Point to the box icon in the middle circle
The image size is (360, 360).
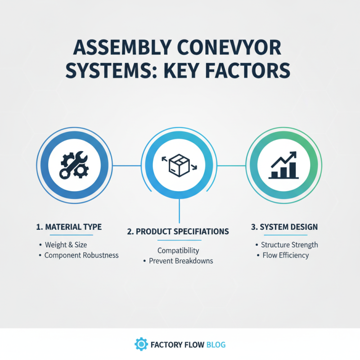[180, 165]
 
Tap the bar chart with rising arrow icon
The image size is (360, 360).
[283, 165]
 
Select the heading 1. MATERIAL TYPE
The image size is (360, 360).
[68, 227]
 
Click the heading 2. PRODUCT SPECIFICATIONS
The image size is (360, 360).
[178, 231]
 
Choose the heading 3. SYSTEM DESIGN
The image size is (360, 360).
[284, 227]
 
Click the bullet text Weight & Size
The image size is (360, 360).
[66, 245]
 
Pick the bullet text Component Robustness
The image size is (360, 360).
[81, 255]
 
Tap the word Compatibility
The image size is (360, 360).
[178, 251]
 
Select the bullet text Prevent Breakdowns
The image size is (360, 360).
[181, 261]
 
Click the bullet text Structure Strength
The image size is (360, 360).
[289, 245]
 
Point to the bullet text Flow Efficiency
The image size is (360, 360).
[286, 255]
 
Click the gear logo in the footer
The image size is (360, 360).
[141, 345]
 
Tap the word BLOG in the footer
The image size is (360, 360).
[216, 345]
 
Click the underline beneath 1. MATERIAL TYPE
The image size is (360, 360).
[68, 235]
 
